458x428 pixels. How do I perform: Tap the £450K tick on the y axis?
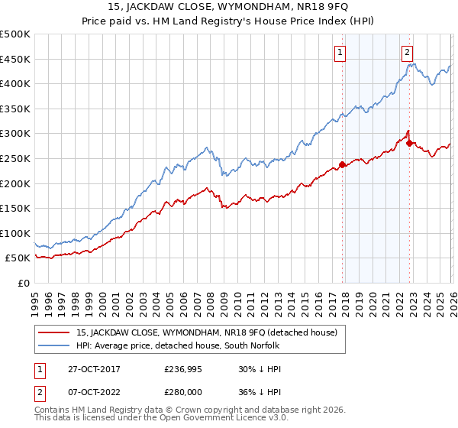15,59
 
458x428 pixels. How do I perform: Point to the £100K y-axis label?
15,233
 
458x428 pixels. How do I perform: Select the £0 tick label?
24,283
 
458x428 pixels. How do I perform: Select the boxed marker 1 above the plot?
339,53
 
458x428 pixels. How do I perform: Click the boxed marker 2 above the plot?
407,53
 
